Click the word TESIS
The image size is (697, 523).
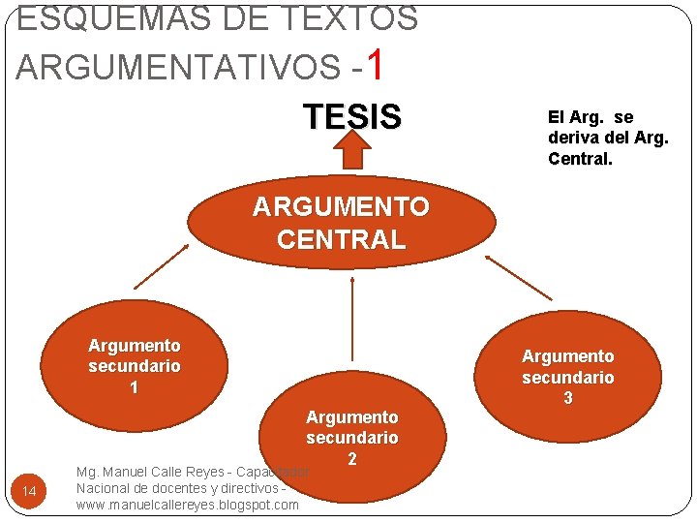[352, 117]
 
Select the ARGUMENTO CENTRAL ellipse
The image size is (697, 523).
[341, 224]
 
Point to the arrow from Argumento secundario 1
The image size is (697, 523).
[162, 265]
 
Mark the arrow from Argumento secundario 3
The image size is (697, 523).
[519, 277]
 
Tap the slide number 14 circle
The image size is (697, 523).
[29, 493]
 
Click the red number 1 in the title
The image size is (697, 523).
[378, 66]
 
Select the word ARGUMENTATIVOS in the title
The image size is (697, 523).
[178, 68]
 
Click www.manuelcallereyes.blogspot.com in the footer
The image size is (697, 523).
[188, 505]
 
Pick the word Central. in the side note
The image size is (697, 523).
[580, 158]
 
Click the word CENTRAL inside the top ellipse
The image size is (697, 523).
[341, 239]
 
